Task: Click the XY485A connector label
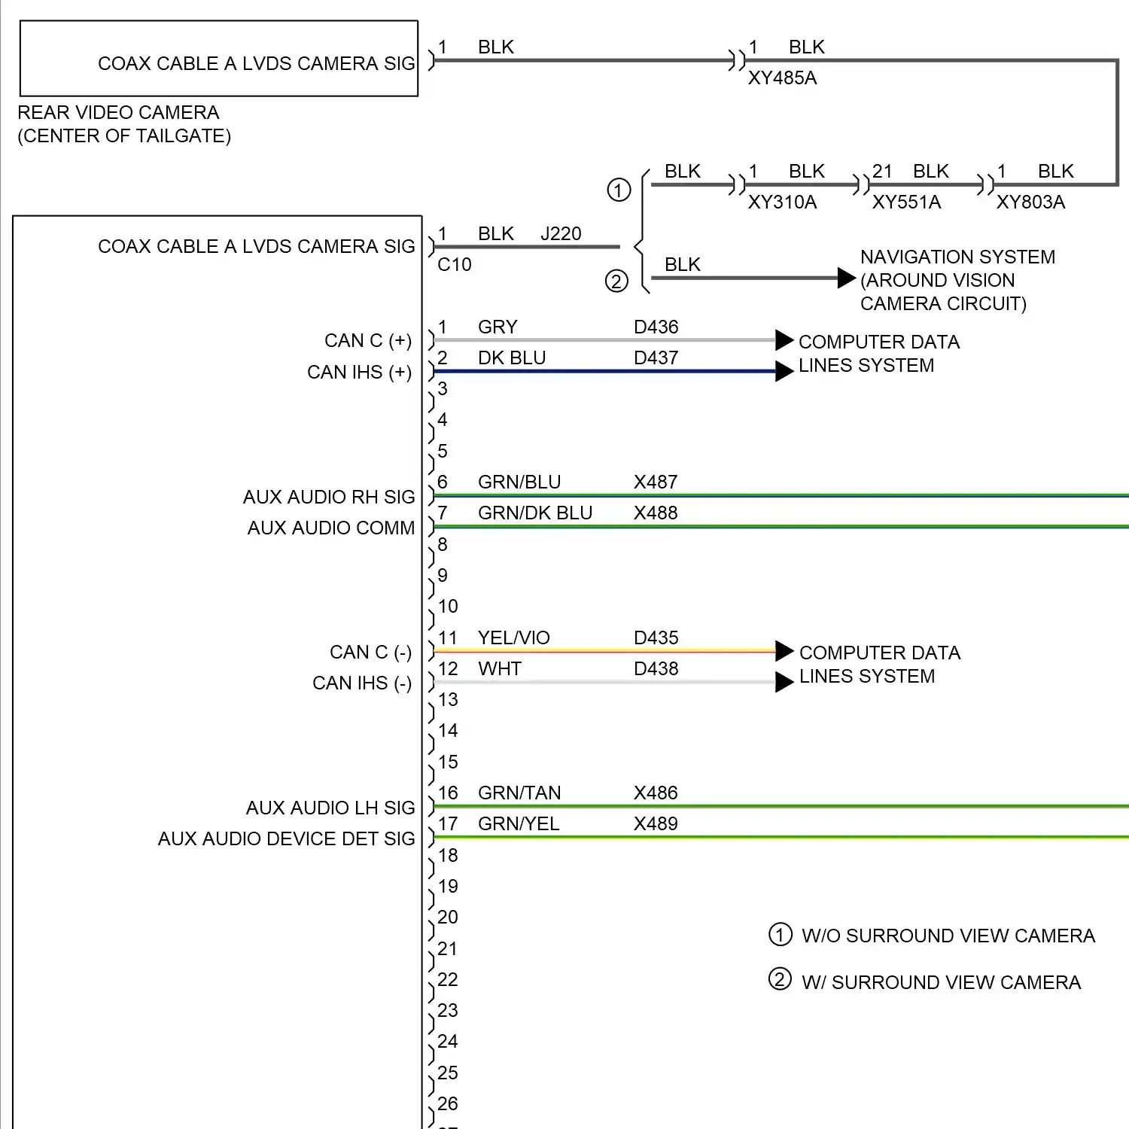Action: tap(782, 78)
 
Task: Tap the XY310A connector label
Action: tap(782, 202)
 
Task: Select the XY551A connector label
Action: tap(906, 202)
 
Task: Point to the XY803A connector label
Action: tap(1030, 202)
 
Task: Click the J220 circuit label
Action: tap(561, 234)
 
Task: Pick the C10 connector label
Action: tap(455, 265)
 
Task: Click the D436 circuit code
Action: tap(656, 327)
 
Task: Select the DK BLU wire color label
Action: tap(512, 358)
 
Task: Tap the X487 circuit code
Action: tap(656, 482)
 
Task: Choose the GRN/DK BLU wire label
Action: tap(535, 513)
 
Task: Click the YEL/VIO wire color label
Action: tap(514, 638)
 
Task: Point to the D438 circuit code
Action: tap(656, 669)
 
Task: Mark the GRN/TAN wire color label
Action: tap(519, 793)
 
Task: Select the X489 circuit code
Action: tap(656, 824)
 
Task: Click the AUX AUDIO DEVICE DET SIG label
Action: tap(286, 839)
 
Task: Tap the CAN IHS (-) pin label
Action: tap(361, 683)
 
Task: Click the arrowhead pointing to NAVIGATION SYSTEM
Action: tap(847, 278)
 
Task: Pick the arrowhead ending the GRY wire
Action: tap(784, 340)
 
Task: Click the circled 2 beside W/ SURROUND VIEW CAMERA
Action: tap(780, 980)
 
